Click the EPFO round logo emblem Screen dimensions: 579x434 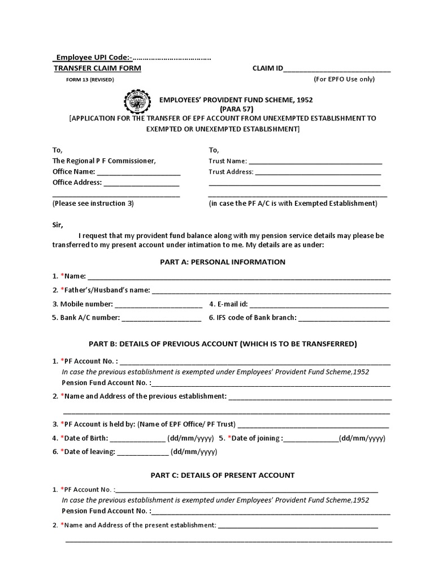tap(137, 103)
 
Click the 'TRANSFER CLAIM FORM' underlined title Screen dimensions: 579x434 tap(97, 68)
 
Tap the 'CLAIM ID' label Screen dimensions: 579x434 tap(267, 68)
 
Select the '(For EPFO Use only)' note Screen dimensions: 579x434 tap(344, 79)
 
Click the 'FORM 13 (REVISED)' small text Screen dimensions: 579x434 tap(90, 79)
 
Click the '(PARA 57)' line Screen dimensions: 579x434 tap(236, 109)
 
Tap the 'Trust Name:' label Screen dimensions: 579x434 tap(228, 161)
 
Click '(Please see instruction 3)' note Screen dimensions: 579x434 tap(93, 203)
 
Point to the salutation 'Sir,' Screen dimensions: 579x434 tap(58, 224)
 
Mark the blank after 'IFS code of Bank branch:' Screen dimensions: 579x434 tap(344, 318)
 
